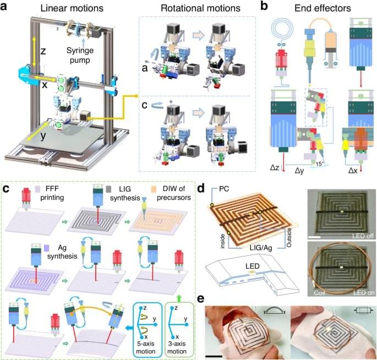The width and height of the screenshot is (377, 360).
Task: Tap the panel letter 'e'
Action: click(200, 299)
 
